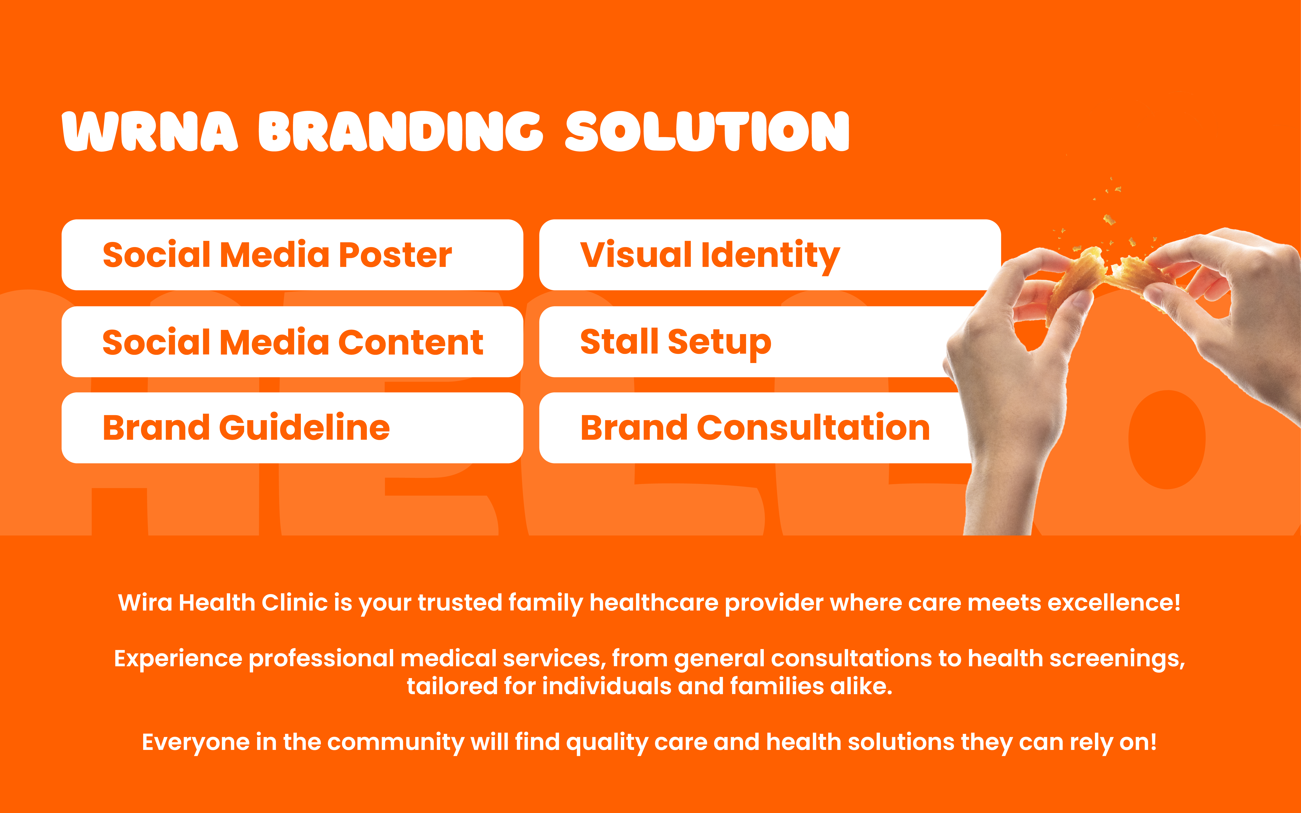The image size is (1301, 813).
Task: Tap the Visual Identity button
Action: [x=770, y=255]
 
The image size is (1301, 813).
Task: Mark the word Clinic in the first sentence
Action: [x=295, y=603]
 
